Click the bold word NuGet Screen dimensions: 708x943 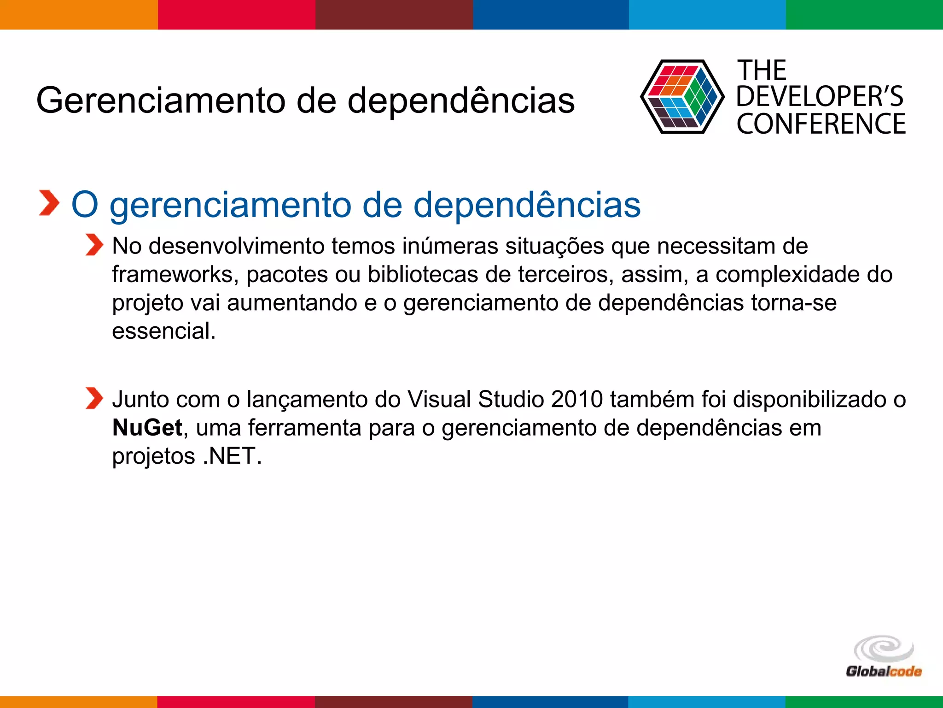click(x=147, y=428)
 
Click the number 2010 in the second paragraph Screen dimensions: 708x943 click(x=576, y=399)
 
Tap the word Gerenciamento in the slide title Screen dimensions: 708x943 click(x=161, y=100)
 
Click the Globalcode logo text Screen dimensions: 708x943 click(x=883, y=671)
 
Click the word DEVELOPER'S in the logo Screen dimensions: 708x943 click(x=820, y=96)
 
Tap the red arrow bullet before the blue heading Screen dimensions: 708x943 click(x=49, y=203)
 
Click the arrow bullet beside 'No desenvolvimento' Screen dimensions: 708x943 click(x=94, y=245)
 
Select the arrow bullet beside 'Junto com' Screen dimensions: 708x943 click(x=94, y=398)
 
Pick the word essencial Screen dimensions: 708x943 click(x=163, y=331)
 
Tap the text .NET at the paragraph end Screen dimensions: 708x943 click(x=233, y=456)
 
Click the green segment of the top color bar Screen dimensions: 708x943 click(x=864, y=14)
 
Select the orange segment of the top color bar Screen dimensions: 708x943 click(x=78, y=14)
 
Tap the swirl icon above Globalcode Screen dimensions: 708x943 click(x=884, y=649)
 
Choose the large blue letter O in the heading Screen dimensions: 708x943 click(x=85, y=205)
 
